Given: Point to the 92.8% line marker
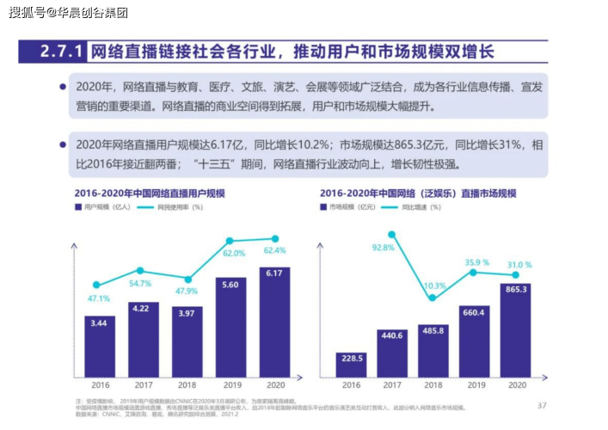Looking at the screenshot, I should pyautogui.click(x=391, y=234).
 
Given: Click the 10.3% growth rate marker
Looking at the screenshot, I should pyautogui.click(x=433, y=298).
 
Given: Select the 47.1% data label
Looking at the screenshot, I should pyautogui.click(x=99, y=298).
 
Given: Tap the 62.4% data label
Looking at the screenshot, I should pyautogui.click(x=275, y=250).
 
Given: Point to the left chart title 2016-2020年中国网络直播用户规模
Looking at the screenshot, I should pyautogui.click(x=149, y=193).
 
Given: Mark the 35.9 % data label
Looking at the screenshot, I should pyautogui.click(x=476, y=262).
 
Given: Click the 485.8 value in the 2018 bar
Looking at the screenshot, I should pyautogui.click(x=433, y=331).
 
